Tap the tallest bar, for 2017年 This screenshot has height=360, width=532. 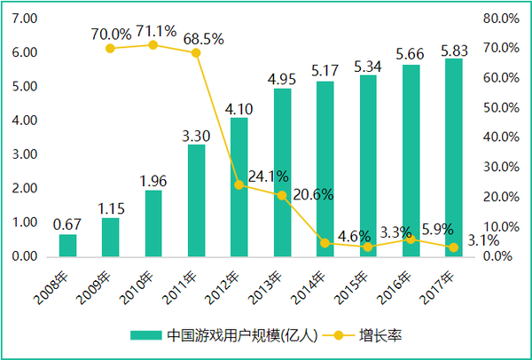click(x=453, y=158)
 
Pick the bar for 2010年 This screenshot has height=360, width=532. click(x=153, y=223)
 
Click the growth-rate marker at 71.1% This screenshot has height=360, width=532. click(x=153, y=44)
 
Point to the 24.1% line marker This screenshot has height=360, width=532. click(x=239, y=184)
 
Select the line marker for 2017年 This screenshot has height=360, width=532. click(x=453, y=247)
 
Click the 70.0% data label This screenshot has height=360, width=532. click(x=111, y=35)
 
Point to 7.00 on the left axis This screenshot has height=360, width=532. click(x=25, y=19)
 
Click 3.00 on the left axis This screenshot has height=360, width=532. click(x=25, y=154)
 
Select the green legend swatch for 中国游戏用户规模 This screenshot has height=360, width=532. click(x=145, y=336)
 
